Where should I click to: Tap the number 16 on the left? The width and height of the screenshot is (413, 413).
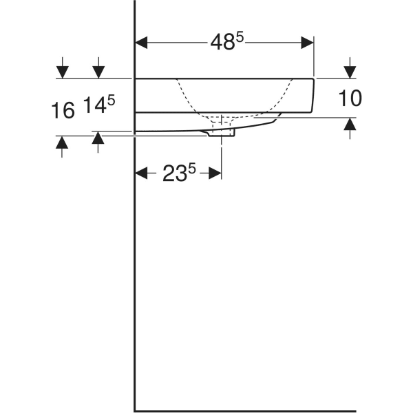tap(63, 109)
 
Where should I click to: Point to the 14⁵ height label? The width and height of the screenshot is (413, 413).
tap(99, 107)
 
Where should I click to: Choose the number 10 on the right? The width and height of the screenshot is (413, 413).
tap(350, 98)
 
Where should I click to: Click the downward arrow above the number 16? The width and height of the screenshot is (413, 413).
tap(63, 71)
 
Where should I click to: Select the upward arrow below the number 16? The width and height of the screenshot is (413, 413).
tap(63, 143)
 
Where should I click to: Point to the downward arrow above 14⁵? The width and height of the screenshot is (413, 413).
tap(98, 71)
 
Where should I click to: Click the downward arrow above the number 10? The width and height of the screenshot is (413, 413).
tap(350, 71)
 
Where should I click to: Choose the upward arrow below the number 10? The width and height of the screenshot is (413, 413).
tap(350, 125)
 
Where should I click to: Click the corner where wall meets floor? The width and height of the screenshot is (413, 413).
tap(134, 410)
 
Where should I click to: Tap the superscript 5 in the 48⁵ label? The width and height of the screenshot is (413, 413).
tap(240, 36)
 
